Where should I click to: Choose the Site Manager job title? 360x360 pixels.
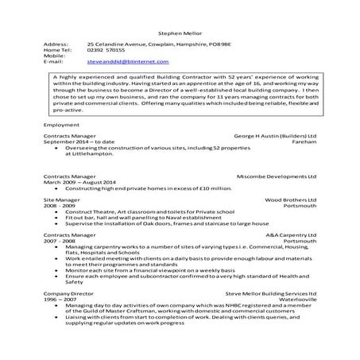pos(65,201)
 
